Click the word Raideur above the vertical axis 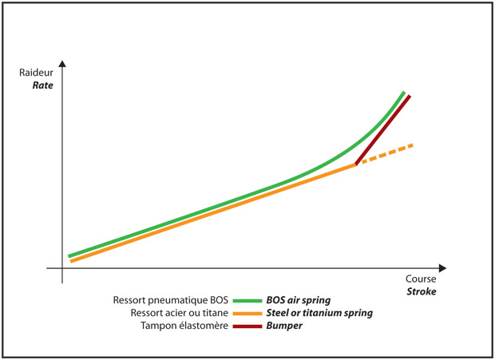pyautogui.click(x=37, y=73)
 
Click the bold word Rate pyautogui.click(x=42, y=85)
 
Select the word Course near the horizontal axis pyautogui.click(x=421, y=280)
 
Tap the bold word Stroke pyautogui.click(x=420, y=292)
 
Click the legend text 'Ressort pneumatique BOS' pyautogui.click(x=171, y=300)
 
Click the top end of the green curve pyautogui.click(x=404, y=93)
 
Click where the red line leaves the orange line pyautogui.click(x=356, y=164)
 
